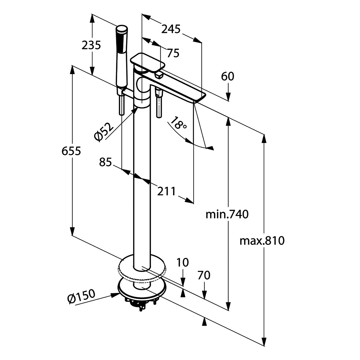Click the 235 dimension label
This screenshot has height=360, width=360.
tap(91, 45)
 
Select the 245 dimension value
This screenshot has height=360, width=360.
tap(171, 29)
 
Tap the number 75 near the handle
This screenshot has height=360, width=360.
tap(173, 53)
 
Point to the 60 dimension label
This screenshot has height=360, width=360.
tap(228, 76)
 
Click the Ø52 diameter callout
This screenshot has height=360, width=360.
tap(104, 132)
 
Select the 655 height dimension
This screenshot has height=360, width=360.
tap(71, 151)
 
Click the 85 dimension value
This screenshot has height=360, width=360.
tap(105, 162)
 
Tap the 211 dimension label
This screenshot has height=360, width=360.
tap(166, 191)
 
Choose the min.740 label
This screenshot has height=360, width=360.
tap(227, 214)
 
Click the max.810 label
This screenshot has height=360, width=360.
tap(262, 240)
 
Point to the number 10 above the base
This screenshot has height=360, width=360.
tap(182, 262)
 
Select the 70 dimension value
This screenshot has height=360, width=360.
tap(204, 275)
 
